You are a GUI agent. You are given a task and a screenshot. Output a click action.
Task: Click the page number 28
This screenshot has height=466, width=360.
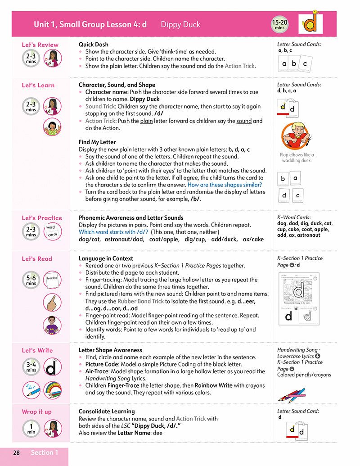[16, 452]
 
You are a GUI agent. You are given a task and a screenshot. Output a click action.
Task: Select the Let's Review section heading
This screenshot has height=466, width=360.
[40, 45]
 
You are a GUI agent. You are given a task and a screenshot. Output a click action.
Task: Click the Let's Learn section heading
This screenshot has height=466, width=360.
[38, 85]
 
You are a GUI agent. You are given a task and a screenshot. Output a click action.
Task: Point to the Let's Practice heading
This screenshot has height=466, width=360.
[42, 218]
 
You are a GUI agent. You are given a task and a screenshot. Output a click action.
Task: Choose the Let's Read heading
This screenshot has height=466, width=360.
[37, 259]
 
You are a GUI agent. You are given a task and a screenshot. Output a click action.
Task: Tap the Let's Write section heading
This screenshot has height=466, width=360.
[37, 350]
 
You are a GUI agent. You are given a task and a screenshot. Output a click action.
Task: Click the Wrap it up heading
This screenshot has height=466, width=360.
[37, 412]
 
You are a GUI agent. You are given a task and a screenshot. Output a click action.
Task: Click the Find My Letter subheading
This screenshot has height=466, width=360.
[97, 142]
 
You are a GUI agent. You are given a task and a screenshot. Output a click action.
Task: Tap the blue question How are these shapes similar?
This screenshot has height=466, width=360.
[225, 185]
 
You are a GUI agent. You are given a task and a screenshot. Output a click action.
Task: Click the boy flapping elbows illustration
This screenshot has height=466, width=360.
[296, 136]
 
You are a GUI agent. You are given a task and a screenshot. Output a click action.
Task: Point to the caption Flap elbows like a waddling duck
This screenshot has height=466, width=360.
[297, 158]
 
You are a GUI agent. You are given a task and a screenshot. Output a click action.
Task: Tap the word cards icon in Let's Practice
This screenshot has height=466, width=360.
[51, 231]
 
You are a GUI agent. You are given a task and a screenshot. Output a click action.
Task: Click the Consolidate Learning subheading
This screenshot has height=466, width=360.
[107, 412]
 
